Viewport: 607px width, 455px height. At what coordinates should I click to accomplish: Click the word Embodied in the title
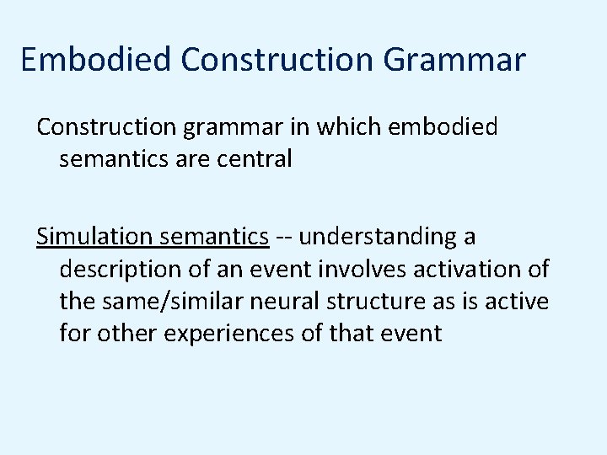click(96, 60)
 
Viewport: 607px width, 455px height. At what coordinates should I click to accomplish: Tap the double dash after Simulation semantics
click(285, 238)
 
